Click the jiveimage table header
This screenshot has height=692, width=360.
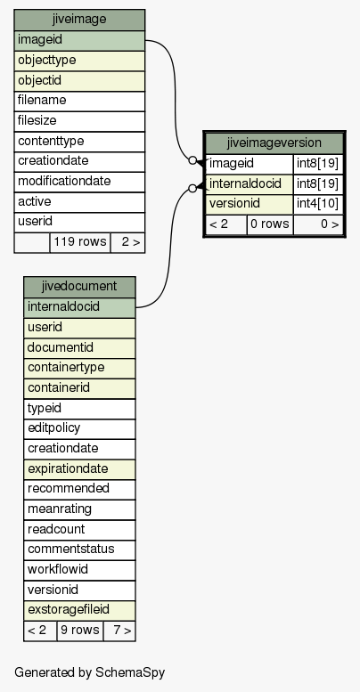[79, 20]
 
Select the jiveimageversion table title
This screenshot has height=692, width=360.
[274, 143]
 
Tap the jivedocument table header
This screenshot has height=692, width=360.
[79, 287]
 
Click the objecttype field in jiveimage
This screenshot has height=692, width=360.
[79, 61]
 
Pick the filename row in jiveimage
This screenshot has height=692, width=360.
[79, 101]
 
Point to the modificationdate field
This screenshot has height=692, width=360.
[79, 182]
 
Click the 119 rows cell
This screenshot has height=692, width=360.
[80, 242]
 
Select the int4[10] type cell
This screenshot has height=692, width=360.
[318, 204]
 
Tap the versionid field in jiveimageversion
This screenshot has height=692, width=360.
[250, 204]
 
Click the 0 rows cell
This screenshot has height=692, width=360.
[270, 224]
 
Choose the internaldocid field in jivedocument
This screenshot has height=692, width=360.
[79, 307]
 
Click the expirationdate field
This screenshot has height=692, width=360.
[79, 469]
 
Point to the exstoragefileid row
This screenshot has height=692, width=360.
[79, 610]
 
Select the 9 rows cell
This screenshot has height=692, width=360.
[80, 631]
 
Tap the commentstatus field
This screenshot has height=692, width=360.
[79, 550]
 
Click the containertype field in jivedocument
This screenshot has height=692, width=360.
[79, 368]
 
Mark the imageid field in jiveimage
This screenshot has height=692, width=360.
[79, 41]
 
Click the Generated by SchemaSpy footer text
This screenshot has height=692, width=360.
[90, 672]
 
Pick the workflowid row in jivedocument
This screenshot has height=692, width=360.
[79, 570]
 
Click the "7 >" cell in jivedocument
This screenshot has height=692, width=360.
[119, 631]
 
